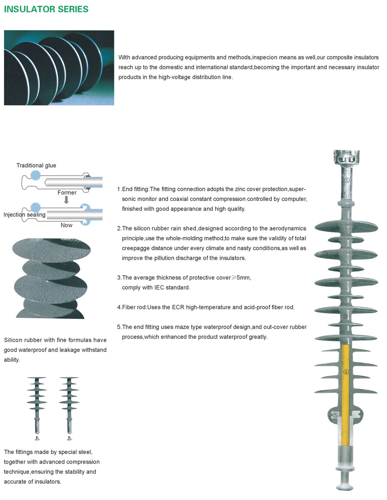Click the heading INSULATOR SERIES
pos(46,9)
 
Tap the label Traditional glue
pos(36,166)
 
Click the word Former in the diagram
pos(67,193)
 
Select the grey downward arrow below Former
pos(66,200)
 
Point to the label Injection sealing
pos(24,215)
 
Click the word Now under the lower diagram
pos(67,225)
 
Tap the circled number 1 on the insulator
pos(347,180)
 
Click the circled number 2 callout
pos(325,253)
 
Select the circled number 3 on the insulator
pos(346,316)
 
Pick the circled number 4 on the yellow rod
pos(346,372)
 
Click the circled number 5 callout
pos(335,415)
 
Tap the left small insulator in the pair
pos(37,408)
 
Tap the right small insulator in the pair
pos(69,408)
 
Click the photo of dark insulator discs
pos(59,68)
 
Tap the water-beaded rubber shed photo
pos(51,278)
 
